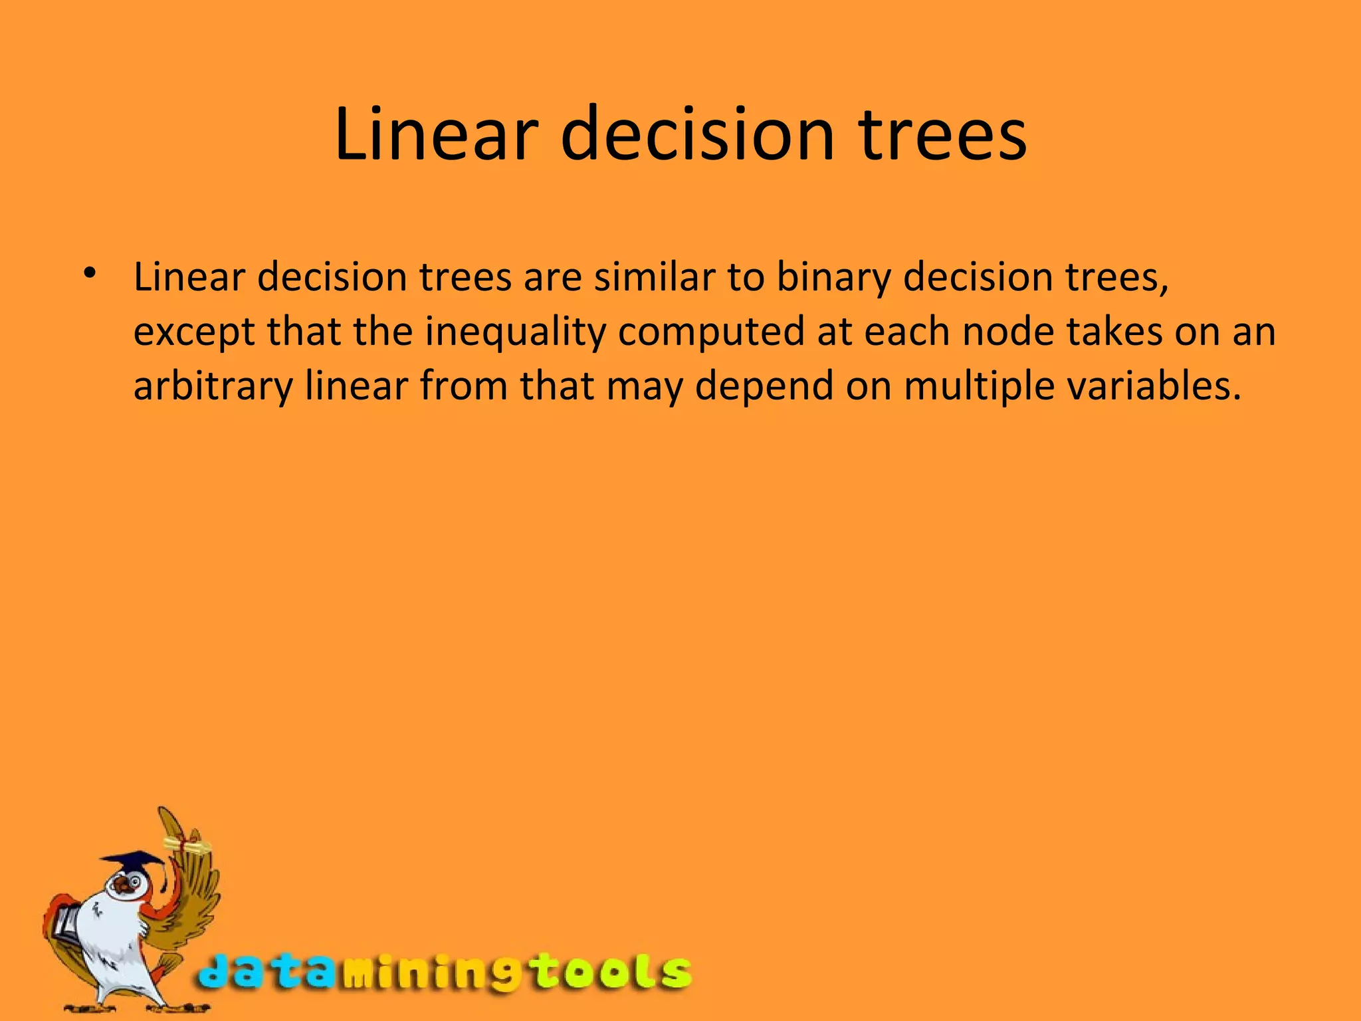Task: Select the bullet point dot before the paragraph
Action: pyautogui.click(x=90, y=273)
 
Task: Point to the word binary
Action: pyautogui.click(x=833, y=278)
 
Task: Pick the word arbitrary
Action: pyautogui.click(x=213, y=387)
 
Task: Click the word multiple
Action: pyautogui.click(x=979, y=387)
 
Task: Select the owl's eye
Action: pyautogui.click(x=135, y=882)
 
